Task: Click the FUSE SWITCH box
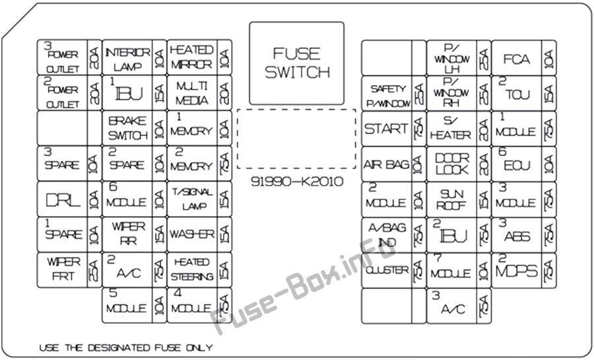click(296, 63)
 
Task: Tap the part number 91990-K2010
click(297, 182)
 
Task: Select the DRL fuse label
click(62, 199)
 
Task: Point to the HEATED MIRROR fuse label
click(191, 57)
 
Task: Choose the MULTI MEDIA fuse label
click(191, 93)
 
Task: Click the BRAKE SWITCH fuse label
click(127, 128)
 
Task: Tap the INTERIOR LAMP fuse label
click(127, 58)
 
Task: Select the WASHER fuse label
click(191, 234)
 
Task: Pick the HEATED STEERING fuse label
click(191, 270)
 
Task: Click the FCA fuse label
click(517, 59)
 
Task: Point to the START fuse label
click(385, 129)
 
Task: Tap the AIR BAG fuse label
click(385, 164)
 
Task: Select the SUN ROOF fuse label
click(451, 199)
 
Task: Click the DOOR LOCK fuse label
click(451, 164)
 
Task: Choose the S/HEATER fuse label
click(451, 129)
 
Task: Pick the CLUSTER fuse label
click(386, 270)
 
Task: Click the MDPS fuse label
click(517, 270)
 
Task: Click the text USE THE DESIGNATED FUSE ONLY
click(125, 347)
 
